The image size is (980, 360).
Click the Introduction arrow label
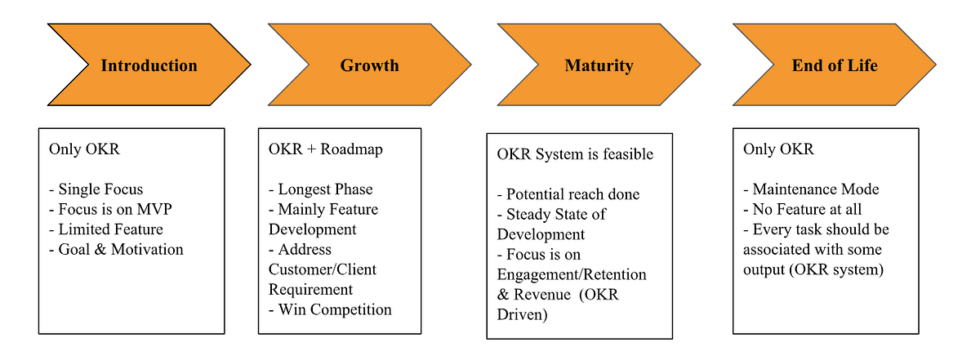[149, 65]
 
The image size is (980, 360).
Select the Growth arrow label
[369, 65]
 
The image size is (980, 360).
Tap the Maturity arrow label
[599, 65]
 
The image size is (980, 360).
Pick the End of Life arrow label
[835, 65]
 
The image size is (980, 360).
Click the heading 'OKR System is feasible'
[575, 154]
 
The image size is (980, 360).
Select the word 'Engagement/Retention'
[571, 274]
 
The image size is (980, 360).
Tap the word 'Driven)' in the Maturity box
[522, 314]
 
